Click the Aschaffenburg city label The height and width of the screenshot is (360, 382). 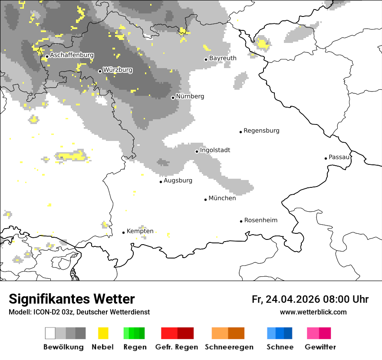point(72,56)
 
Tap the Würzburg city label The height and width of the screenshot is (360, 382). point(118,70)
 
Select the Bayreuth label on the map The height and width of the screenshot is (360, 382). point(223,58)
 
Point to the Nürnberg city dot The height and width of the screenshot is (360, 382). point(173,98)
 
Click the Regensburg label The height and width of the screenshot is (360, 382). point(261,131)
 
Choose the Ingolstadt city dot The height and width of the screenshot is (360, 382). point(197,151)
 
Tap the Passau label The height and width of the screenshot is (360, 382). point(339,157)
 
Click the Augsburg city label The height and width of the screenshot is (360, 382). point(178,180)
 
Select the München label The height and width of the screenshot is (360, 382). point(222,198)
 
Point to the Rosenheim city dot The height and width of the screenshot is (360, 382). point(241,221)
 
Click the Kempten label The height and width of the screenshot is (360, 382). point(140,231)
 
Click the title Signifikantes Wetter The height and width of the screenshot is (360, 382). point(72,299)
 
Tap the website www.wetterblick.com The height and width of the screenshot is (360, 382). point(313,312)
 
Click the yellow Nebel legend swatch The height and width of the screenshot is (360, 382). point(103,333)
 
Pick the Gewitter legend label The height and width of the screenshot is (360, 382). point(320,347)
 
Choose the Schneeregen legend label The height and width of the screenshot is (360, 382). point(229,347)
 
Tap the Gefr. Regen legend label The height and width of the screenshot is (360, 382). point(177,347)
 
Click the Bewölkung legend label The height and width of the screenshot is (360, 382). point(63,347)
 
